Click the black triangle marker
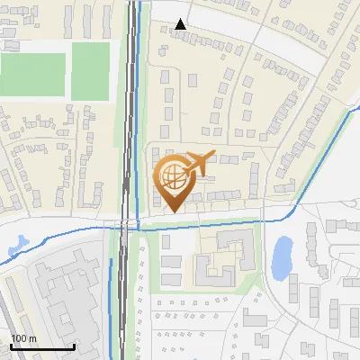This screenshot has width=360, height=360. point(182,24)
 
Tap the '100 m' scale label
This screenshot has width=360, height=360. point(23,338)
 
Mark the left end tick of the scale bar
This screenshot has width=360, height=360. point(11,346)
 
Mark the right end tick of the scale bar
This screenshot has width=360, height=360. point(74,346)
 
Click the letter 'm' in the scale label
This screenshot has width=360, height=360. point(32,338)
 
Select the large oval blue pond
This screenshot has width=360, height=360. point(281,257)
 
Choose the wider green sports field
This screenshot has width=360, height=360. point(32,72)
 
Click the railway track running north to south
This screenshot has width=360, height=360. point(131,108)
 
